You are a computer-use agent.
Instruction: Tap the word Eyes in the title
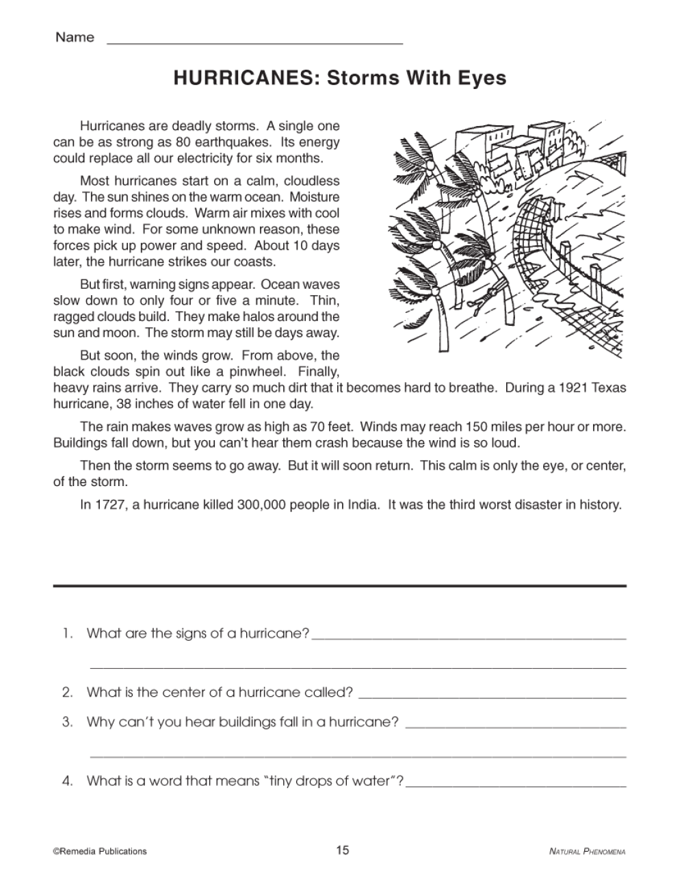[482, 78]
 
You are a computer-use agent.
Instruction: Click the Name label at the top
[75, 38]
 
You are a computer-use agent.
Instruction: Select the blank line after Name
[255, 42]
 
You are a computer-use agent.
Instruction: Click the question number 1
[66, 633]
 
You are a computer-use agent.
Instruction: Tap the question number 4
[67, 780]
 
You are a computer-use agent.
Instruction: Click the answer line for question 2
[492, 696]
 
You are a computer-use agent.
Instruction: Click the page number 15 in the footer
[342, 850]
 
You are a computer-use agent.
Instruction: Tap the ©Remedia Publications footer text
[100, 852]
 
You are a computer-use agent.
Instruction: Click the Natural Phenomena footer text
[588, 852]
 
